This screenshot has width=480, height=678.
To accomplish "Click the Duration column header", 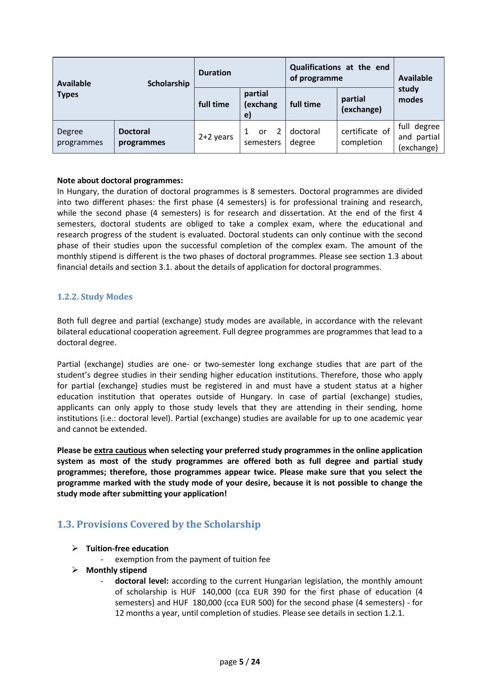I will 215,73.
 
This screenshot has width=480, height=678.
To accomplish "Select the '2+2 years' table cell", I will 216,137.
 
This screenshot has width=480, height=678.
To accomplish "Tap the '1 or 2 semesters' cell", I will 262,137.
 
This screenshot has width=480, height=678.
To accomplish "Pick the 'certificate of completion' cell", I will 365,137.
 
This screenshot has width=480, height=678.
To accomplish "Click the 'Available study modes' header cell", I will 415,89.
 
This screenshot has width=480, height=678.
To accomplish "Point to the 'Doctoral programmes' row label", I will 142,137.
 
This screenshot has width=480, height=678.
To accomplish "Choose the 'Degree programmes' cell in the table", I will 80,137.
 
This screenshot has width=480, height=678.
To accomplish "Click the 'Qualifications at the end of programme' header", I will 339,73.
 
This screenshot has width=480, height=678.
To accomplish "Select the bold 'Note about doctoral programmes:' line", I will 120,181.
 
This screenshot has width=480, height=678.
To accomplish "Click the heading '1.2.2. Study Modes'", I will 95,297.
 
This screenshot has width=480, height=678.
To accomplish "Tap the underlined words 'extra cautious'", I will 120,450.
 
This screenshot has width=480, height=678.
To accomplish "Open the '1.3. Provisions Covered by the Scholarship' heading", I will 159,525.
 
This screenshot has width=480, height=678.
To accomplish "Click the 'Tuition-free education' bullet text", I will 127,549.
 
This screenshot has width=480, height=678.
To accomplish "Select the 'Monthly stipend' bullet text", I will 116,570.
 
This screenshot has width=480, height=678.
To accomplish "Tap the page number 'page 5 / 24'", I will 240,662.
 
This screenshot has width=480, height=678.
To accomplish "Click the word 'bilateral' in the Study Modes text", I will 71,332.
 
